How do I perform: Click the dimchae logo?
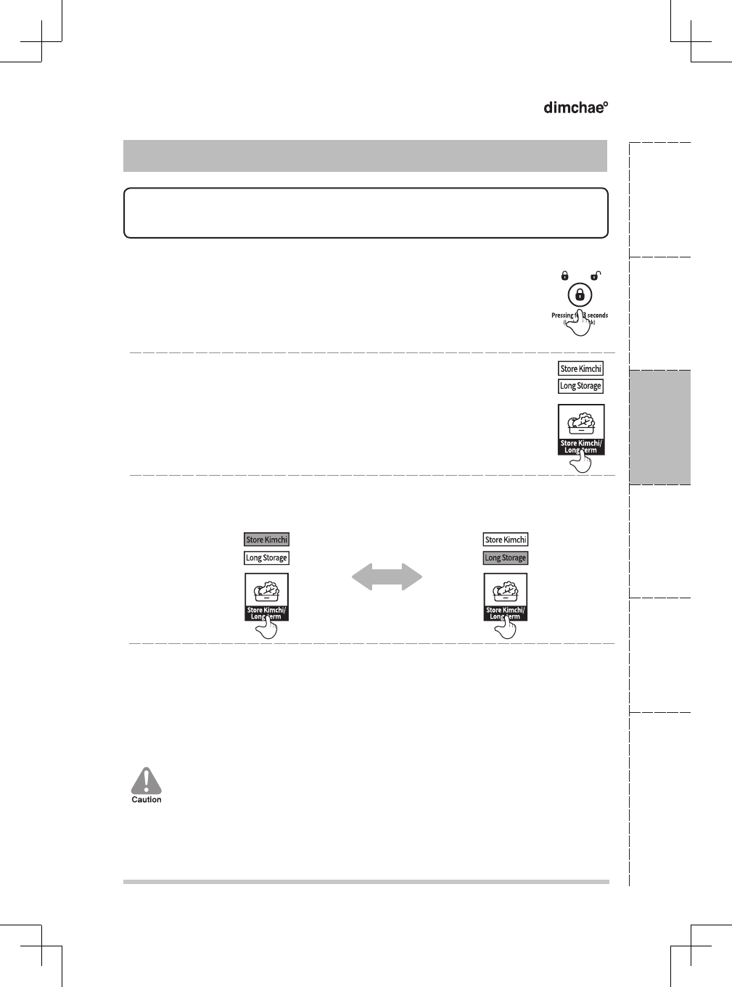click(x=575, y=107)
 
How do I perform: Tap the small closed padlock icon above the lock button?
click(x=564, y=276)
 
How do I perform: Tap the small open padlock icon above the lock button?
click(x=595, y=276)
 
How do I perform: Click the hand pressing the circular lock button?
click(x=580, y=323)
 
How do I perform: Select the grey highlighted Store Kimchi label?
click(x=266, y=540)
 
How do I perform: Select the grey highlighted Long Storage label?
click(x=506, y=558)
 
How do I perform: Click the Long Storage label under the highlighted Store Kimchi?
click(x=266, y=558)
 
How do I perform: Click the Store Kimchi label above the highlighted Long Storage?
click(x=506, y=540)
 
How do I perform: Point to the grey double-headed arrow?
click(x=387, y=577)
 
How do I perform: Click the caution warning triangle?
click(x=147, y=781)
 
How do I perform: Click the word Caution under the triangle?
click(x=147, y=800)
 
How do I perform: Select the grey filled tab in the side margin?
click(x=659, y=427)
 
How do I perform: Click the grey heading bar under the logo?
click(x=365, y=156)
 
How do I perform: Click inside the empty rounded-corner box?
click(x=366, y=213)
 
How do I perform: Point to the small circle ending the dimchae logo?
click(x=606, y=104)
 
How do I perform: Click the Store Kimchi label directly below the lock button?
click(x=580, y=368)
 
